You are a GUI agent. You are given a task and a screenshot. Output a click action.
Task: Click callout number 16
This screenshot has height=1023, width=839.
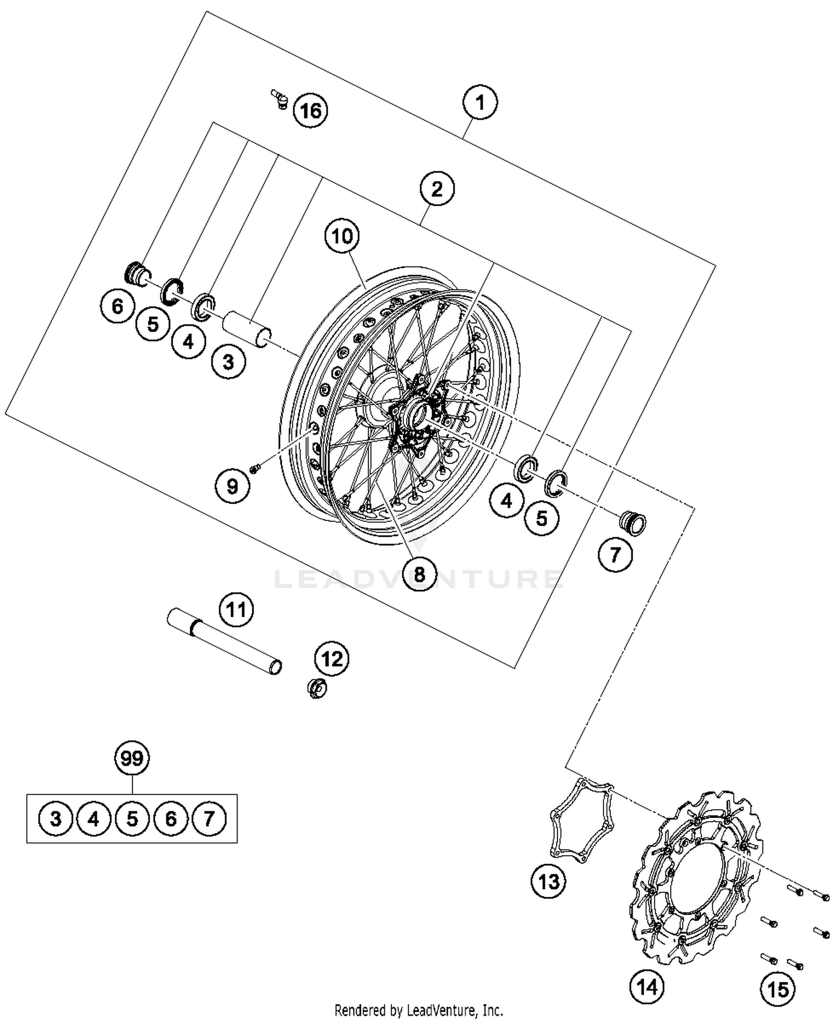point(311,110)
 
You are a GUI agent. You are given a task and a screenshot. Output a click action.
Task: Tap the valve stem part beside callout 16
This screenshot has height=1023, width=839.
point(280,98)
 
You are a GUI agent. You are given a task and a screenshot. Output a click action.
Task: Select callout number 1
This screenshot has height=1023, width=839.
point(480,103)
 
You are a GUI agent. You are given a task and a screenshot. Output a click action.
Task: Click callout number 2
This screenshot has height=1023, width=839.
point(437,188)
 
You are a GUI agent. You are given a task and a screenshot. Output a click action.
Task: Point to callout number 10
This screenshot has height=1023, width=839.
point(342,236)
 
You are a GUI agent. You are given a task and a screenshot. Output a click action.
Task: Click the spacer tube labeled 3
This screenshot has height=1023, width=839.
point(246,330)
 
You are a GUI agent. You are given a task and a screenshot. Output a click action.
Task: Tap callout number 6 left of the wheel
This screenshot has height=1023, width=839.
point(117,306)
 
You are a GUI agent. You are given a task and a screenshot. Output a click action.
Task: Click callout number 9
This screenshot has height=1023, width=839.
point(232,486)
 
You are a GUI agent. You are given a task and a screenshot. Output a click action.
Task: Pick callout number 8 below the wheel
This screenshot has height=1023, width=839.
point(419,573)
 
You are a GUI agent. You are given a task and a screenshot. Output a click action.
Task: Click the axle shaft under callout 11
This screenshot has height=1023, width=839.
point(224,641)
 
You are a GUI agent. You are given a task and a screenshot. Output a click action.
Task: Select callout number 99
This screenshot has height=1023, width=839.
point(132,758)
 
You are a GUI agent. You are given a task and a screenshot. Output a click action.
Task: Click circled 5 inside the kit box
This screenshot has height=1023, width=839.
point(132,819)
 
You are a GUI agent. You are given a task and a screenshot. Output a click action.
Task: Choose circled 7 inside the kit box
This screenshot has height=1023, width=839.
point(209,819)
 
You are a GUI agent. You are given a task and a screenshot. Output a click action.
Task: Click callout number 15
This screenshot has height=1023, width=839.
point(777,989)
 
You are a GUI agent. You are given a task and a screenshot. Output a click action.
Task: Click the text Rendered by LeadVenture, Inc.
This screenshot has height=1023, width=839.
point(418,1010)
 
